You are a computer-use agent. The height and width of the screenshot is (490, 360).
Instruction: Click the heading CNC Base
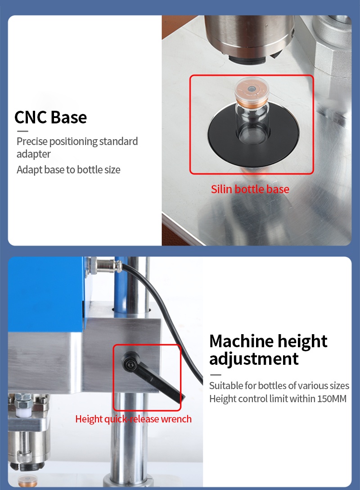(x=50, y=117)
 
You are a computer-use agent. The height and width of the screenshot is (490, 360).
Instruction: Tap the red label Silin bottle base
(x=250, y=189)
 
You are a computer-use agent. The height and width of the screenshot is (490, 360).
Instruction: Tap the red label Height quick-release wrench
(x=133, y=419)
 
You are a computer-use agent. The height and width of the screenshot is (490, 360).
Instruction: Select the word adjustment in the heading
(x=254, y=359)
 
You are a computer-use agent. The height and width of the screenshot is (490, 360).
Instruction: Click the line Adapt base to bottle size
(x=68, y=170)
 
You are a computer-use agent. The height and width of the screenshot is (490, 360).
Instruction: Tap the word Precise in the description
(x=32, y=141)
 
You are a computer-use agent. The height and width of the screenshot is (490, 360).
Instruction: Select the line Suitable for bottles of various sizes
(x=279, y=386)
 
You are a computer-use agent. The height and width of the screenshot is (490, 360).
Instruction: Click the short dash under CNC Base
(x=22, y=131)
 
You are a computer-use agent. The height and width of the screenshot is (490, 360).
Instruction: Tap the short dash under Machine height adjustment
(x=216, y=375)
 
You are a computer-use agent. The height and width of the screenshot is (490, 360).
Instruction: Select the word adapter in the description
(x=33, y=154)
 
